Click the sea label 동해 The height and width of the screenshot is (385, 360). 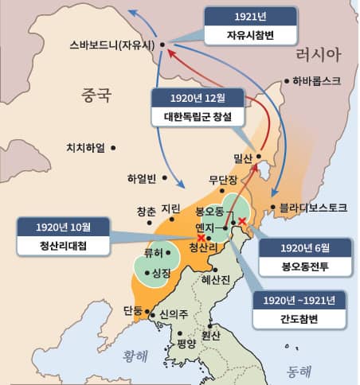pyautogui.click(x=298, y=370)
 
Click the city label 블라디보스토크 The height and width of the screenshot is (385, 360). pyautogui.click(x=314, y=208)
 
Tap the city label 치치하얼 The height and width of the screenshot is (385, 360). pyautogui.click(x=88, y=147)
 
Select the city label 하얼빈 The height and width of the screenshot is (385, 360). pyautogui.click(x=144, y=177)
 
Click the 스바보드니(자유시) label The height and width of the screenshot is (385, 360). pyautogui.click(x=110, y=44)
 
